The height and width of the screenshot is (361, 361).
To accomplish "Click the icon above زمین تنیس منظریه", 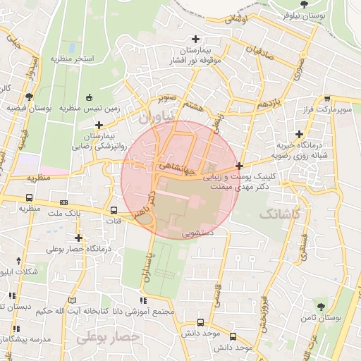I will click(x=89, y=98).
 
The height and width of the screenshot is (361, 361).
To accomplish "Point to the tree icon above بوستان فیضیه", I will click(x=29, y=97).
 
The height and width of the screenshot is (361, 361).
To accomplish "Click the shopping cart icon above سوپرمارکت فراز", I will click(x=326, y=100).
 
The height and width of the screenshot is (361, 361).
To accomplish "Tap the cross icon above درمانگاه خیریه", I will click(x=300, y=134).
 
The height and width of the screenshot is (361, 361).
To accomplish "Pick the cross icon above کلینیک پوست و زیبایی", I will click(x=240, y=166).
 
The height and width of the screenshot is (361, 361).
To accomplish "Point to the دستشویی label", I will click(x=203, y=231).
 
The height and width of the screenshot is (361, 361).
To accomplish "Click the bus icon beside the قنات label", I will click(x=114, y=210).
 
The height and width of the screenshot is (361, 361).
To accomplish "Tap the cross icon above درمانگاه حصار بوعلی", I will click(x=78, y=238).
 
